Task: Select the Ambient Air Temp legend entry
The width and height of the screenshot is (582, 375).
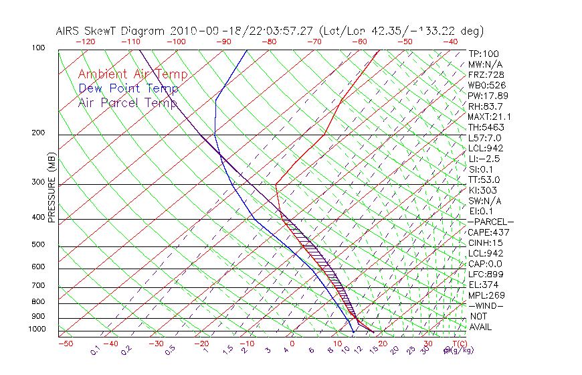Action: pyautogui.click(x=132, y=74)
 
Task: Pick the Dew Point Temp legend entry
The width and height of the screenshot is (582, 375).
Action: pyautogui.click(x=128, y=88)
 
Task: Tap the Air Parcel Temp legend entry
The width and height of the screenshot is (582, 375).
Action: pyautogui.click(x=128, y=102)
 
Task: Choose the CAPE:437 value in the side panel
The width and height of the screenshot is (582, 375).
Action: pyautogui.click(x=488, y=232)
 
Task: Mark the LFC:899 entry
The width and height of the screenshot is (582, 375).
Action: pyautogui.click(x=486, y=275)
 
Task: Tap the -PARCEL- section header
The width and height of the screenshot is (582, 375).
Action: pyautogui.click(x=490, y=222)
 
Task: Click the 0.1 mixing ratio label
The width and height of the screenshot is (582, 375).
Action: pyautogui.click(x=96, y=350)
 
